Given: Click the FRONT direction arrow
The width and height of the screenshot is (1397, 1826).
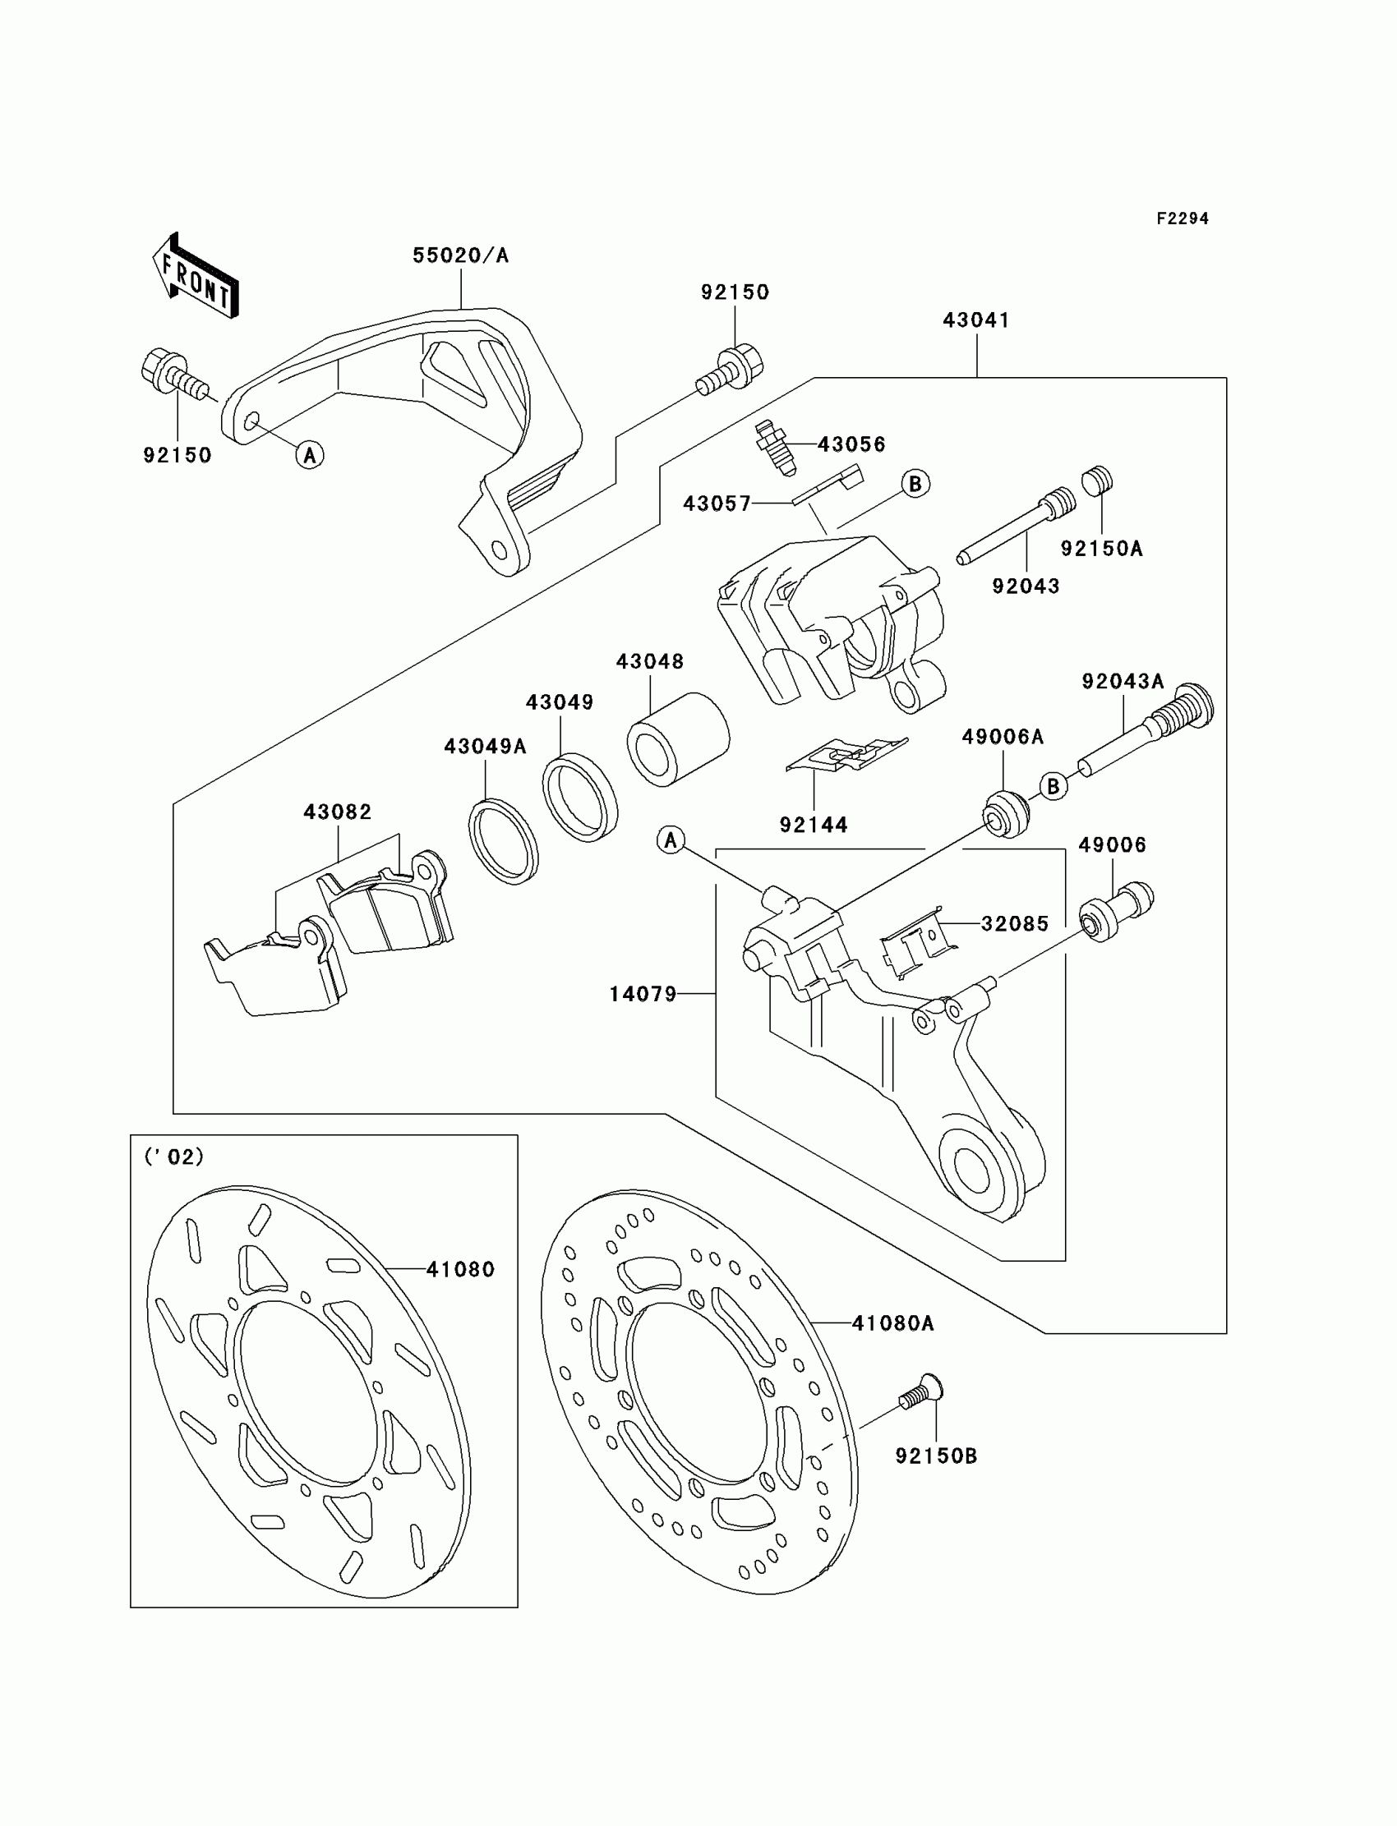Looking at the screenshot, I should click(x=196, y=276).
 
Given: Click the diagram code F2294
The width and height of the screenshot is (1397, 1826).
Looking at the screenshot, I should click(x=1182, y=218).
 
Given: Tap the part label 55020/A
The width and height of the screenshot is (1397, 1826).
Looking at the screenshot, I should click(x=461, y=255).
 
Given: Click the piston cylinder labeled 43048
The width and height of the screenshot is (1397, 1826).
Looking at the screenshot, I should click(x=677, y=739).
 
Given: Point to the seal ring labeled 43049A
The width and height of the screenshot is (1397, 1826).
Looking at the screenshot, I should click(x=502, y=841).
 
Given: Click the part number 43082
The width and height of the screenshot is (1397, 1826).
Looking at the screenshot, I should click(x=337, y=812).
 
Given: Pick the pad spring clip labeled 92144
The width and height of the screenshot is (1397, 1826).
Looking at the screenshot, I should click(x=846, y=755).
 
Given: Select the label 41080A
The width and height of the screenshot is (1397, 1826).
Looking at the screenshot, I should click(x=893, y=1322).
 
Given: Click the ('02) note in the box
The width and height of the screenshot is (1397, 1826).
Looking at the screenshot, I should click(x=174, y=1156).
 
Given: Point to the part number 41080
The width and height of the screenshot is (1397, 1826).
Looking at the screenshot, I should click(x=460, y=1269).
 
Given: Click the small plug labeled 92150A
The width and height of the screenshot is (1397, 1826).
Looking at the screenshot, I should click(x=1097, y=481).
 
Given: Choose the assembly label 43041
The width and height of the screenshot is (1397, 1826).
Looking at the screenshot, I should click(x=975, y=320).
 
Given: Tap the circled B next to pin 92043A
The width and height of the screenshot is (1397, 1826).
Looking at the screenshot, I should click(x=1054, y=785).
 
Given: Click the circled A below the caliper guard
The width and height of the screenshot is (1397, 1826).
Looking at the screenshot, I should click(x=310, y=454).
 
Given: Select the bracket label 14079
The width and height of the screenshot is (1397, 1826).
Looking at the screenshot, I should click(x=643, y=993).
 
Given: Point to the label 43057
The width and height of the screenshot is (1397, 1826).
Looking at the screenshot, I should click(x=717, y=503).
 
